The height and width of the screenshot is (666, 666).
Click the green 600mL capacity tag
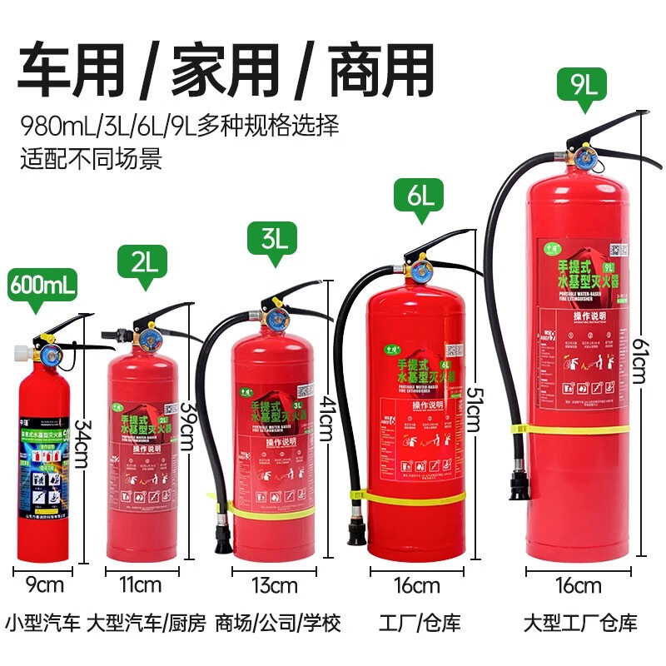[42, 285]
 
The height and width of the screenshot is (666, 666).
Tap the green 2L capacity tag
[145, 263]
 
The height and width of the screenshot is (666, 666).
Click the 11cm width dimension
[141, 584]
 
